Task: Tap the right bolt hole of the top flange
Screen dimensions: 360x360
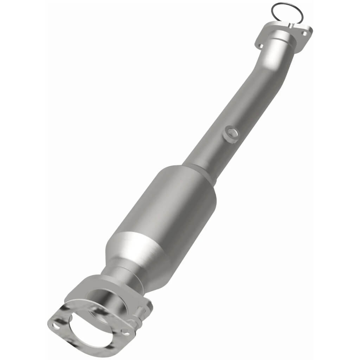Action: click(304, 34)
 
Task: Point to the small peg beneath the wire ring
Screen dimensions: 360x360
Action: click(290, 25)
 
